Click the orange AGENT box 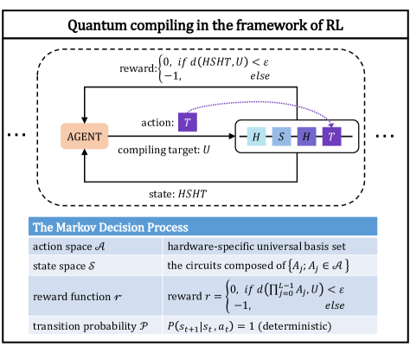click(x=83, y=137)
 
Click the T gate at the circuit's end click(x=333, y=137)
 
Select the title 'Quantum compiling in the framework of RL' click(x=204, y=20)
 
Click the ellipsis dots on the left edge click(x=14, y=137)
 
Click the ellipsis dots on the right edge click(x=394, y=137)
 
